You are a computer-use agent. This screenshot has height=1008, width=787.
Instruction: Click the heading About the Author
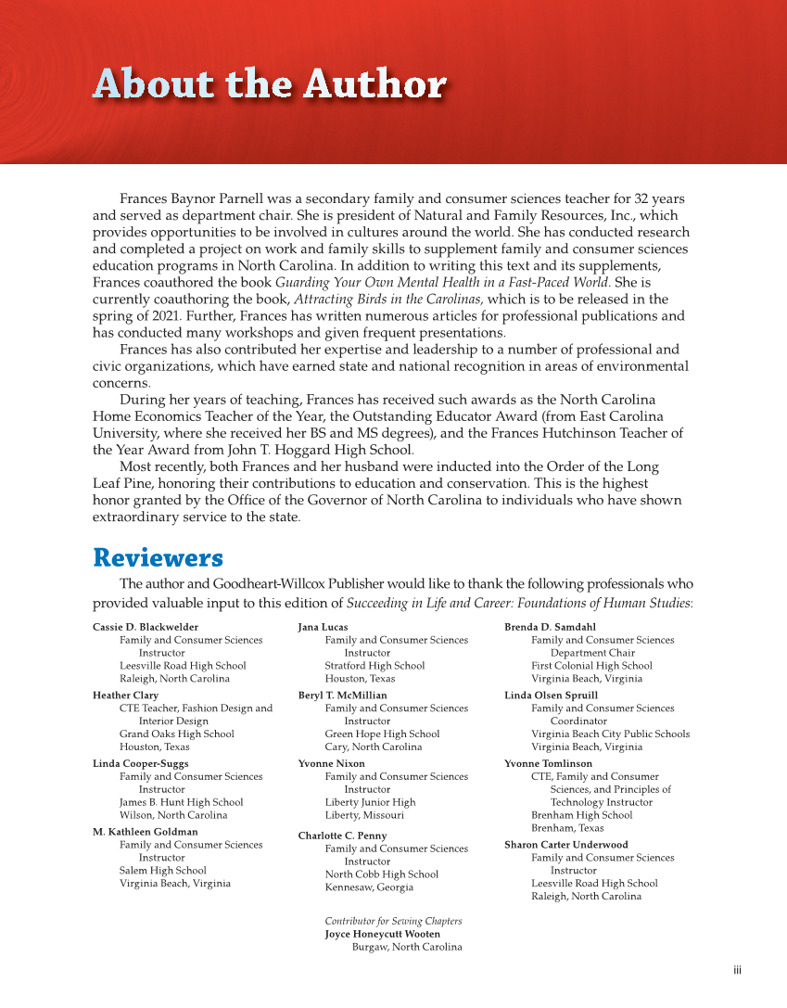click(269, 85)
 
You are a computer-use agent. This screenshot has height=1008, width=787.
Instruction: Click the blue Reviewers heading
click(158, 558)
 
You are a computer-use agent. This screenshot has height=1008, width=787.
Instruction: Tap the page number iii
click(737, 971)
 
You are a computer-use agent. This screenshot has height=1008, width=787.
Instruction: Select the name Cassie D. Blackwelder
click(146, 627)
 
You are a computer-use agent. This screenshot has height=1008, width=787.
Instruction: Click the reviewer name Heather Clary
click(125, 695)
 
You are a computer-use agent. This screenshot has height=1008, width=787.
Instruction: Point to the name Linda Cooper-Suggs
click(140, 764)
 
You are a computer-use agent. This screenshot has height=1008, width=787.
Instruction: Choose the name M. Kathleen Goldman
click(145, 832)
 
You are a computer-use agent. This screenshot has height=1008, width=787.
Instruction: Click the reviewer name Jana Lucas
click(323, 627)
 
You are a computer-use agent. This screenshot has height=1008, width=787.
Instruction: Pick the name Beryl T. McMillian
click(342, 695)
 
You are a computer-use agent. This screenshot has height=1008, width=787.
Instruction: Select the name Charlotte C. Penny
click(342, 836)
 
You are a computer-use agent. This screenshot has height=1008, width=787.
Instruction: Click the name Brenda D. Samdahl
click(550, 627)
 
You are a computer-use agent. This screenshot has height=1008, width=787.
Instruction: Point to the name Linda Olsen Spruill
click(551, 695)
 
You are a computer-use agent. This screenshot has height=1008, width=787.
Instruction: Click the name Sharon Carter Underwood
click(565, 845)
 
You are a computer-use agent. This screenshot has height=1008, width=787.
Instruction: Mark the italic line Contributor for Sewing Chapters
click(393, 921)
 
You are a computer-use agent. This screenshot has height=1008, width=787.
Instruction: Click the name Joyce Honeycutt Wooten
click(382, 934)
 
